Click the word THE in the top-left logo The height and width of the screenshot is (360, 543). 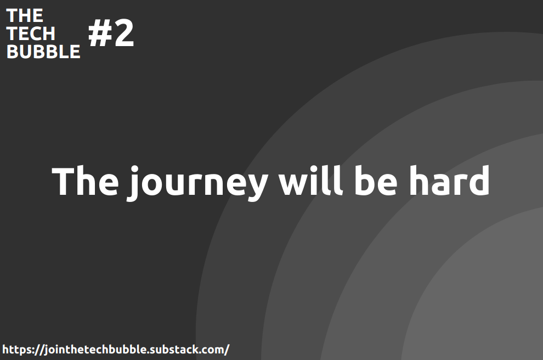[x=25, y=15]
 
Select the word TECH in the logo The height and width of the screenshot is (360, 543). [x=31, y=33]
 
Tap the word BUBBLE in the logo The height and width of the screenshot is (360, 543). [x=43, y=52]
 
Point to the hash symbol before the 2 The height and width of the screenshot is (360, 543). [x=99, y=34]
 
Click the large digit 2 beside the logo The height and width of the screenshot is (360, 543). [x=123, y=34]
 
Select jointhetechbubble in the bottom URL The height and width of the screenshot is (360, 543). [x=93, y=350]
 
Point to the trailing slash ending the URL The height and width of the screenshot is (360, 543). [x=227, y=350]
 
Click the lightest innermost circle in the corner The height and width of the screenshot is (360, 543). [x=488, y=307]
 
